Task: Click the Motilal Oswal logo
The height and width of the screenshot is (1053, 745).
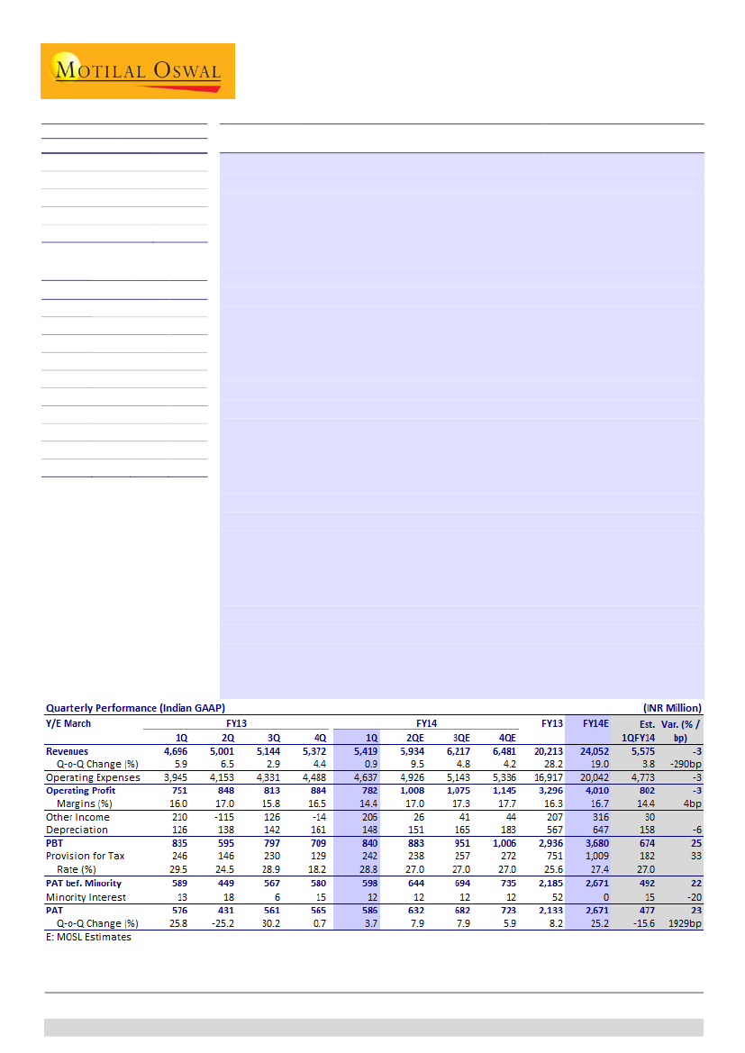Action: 137,70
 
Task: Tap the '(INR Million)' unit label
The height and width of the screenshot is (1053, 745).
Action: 671,709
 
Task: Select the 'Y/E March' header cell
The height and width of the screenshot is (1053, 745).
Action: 68,723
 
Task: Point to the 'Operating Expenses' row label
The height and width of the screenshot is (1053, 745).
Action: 93,777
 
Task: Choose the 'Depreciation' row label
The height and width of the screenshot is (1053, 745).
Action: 77,830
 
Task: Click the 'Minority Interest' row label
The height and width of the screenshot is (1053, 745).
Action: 86,897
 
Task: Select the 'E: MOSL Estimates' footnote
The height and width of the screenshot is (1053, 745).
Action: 88,938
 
